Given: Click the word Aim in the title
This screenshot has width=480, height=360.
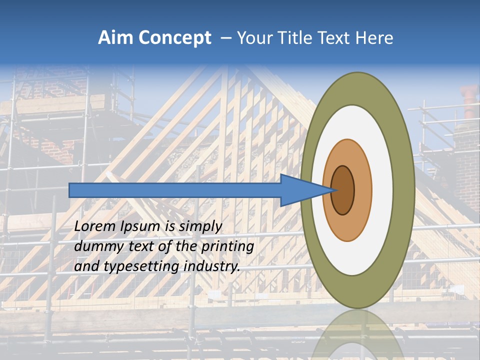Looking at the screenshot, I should (x=116, y=38).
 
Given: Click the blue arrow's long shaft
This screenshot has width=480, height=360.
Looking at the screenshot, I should (x=175, y=190).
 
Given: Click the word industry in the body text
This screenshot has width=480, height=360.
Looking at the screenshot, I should (x=211, y=266).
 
